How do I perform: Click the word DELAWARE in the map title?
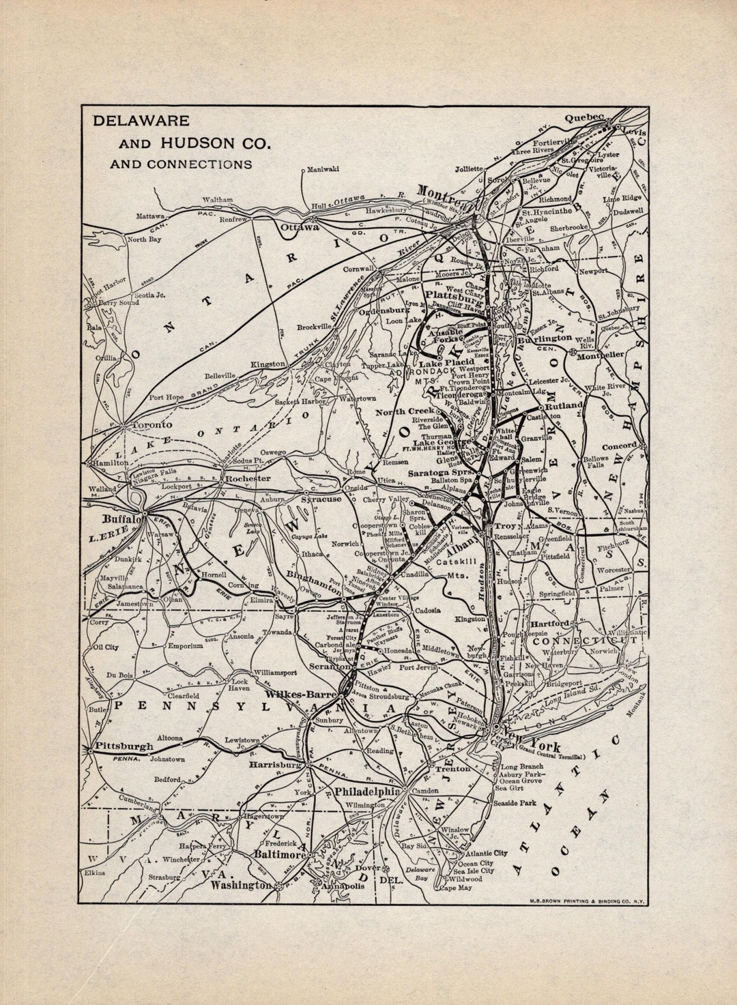[141, 121]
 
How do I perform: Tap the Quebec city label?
[583, 118]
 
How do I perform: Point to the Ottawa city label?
[300, 227]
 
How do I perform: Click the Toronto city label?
[151, 424]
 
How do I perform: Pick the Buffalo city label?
[121, 519]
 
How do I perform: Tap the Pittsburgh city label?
[124, 746]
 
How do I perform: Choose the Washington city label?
[240, 885]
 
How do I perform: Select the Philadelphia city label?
[366, 791]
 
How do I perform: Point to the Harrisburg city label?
[274, 765]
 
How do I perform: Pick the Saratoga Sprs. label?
[440, 473]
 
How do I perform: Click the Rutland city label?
[564, 405]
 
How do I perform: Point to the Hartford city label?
[549, 624]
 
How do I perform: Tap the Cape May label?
[455, 888]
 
